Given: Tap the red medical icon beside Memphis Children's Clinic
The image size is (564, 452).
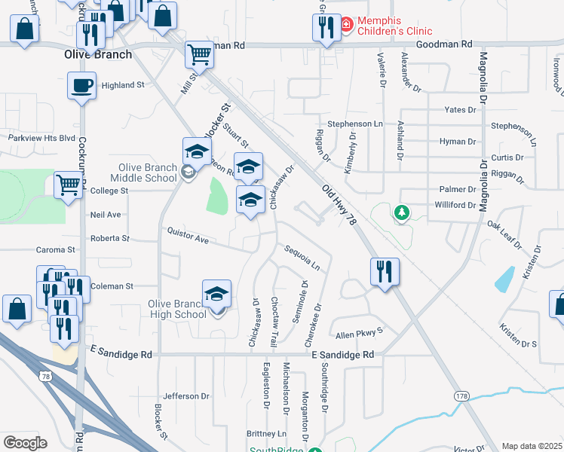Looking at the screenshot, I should point(346,25).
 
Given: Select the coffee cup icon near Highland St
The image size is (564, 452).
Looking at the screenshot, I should point(81,85).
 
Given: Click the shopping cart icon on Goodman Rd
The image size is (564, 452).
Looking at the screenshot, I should point(199,53).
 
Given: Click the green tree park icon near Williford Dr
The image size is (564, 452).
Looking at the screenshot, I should point(403,213).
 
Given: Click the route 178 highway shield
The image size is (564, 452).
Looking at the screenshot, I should point(461,395).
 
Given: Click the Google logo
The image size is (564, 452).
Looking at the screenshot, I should point(25,443).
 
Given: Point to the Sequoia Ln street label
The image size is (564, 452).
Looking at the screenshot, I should point(302,257).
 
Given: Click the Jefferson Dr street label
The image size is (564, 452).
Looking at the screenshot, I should point(186,395).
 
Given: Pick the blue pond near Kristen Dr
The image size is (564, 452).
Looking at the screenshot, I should point(504,279).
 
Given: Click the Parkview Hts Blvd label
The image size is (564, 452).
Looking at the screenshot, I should point(42,138).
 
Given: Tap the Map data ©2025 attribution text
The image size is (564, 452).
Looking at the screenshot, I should point(531,446).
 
